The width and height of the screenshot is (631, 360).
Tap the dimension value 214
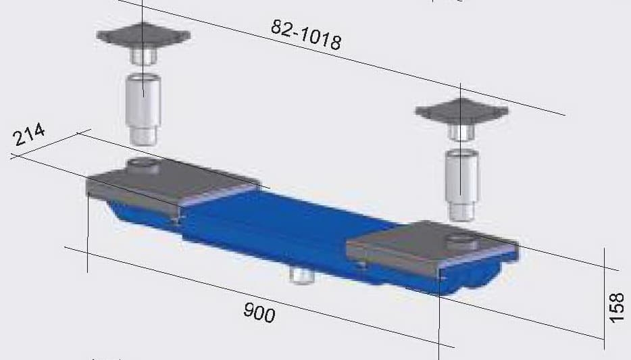(29, 135)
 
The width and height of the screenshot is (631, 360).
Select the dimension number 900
(259, 313)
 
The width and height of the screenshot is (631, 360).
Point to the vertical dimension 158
(617, 308)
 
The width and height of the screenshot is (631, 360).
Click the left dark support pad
(143, 35)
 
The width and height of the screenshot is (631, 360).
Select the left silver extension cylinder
(143, 100)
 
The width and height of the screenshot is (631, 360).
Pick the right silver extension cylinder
(461, 177)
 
